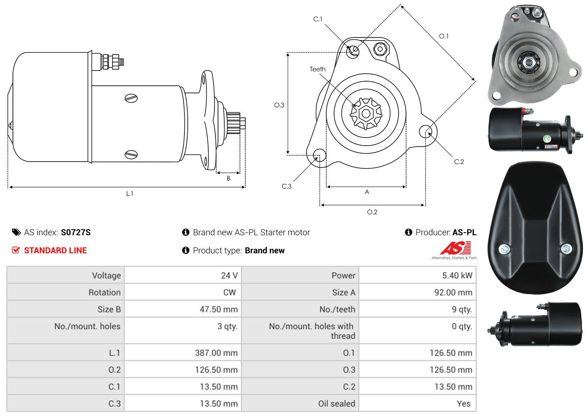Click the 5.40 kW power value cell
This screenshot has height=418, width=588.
[457, 275]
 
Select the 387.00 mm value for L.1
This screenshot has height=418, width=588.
[216, 353]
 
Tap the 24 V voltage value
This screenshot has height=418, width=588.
[229, 275]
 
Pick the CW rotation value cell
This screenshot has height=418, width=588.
[229, 293]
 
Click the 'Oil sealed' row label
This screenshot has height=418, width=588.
[336, 404]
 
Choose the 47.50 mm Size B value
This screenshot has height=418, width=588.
[218, 309]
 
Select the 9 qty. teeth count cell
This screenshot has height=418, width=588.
[462, 309]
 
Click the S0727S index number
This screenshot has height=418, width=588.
[76, 232]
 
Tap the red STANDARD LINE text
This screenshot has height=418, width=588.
[55, 251]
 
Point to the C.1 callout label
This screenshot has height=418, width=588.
[318, 19]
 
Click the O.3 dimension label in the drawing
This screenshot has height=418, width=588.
[279, 105]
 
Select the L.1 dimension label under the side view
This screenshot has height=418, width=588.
[130, 194]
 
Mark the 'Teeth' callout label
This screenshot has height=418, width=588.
[317, 69]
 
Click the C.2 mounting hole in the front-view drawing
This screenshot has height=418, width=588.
[425, 131]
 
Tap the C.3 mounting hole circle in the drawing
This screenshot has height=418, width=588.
[319, 155]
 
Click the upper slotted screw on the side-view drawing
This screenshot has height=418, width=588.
[131, 98]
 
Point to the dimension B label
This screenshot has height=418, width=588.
[228, 179]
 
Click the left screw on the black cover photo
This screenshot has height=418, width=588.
[504, 249]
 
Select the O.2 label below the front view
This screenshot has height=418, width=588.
[372, 212]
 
